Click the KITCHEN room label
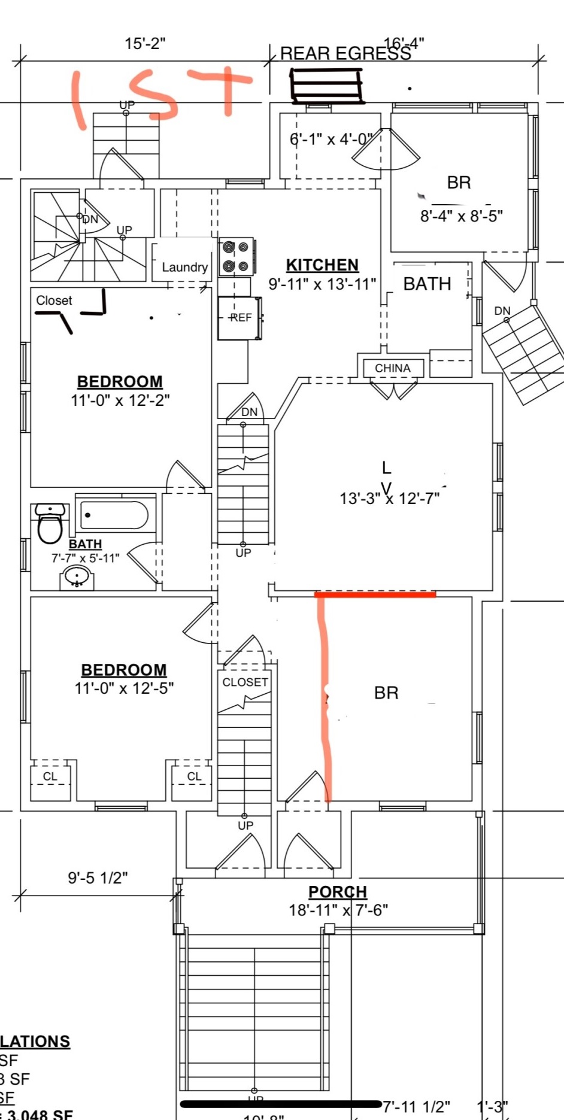[322, 265]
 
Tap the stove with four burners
[236, 257]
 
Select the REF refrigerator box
[239, 318]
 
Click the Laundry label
[184, 268]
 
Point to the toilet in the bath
[50, 523]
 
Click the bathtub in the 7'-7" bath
[114, 515]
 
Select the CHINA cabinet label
[393, 368]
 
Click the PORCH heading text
[337, 892]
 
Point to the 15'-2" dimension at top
[145, 44]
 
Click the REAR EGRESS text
[345, 54]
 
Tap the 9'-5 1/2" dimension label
[98, 878]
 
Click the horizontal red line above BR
[375, 594]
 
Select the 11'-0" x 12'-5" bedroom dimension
[124, 688]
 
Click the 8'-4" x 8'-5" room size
[461, 216]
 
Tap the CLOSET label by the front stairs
[245, 682]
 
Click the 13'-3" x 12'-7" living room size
[389, 498]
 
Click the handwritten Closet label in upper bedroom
[54, 301]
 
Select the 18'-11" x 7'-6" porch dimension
[338, 910]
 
